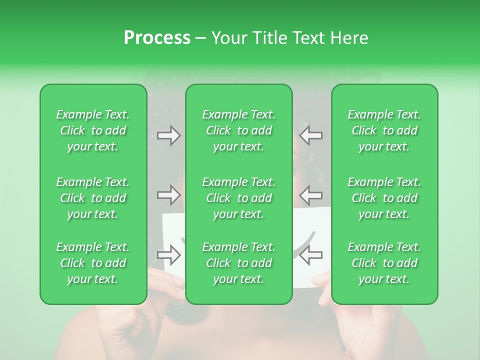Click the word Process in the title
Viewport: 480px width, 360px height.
tap(157, 38)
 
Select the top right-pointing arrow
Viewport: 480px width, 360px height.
tap(169, 135)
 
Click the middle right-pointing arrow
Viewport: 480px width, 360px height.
tap(169, 194)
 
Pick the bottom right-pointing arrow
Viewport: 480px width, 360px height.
tap(169, 255)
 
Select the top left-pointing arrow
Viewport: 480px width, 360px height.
tap(311, 135)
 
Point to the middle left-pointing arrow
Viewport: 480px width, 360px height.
tap(311, 194)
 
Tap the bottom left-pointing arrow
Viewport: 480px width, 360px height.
tap(311, 255)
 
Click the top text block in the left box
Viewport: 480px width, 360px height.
tap(93, 130)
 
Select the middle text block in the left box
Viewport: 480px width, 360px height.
tap(93, 198)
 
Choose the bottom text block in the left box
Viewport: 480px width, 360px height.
tap(93, 263)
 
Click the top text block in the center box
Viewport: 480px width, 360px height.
tap(239, 130)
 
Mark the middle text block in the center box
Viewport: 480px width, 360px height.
tap(239, 198)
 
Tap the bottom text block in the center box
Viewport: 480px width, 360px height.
tap(239, 263)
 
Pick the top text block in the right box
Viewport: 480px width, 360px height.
tap(384, 130)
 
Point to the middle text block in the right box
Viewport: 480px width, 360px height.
tap(384, 198)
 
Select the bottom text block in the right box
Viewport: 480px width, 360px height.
tap(384, 263)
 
